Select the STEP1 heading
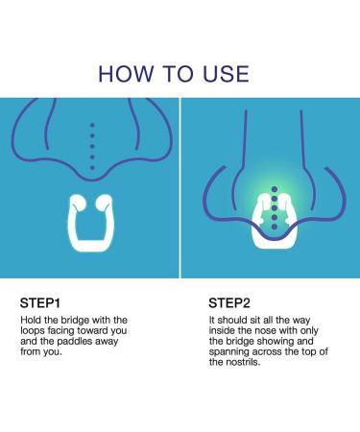(x=40, y=302)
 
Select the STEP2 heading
(x=229, y=302)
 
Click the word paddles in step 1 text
(x=73, y=341)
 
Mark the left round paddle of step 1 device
(x=78, y=203)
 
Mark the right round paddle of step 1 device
(x=105, y=203)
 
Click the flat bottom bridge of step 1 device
(x=90, y=245)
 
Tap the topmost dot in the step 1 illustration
(x=92, y=125)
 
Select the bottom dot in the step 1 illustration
(x=92, y=167)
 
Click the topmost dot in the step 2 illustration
(x=275, y=189)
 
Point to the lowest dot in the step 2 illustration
(x=275, y=227)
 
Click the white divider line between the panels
(x=180, y=188)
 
